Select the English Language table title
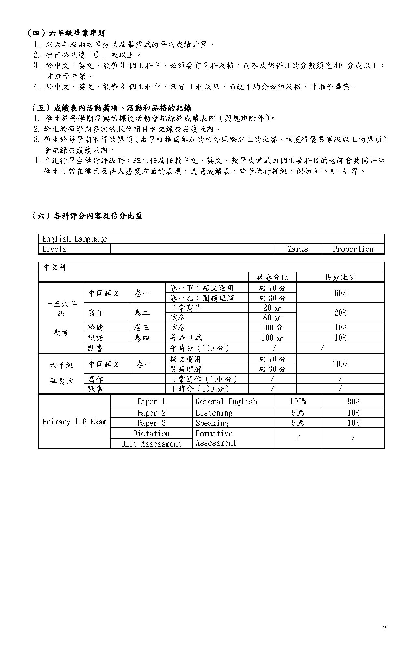(74, 239)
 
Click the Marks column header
(298, 249)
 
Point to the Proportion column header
(353, 249)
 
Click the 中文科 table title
(55, 267)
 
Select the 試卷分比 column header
(272, 277)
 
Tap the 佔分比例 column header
(340, 277)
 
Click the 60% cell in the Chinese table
(340, 293)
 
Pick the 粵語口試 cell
(186, 338)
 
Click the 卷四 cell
(142, 338)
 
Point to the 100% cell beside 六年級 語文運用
(340, 364)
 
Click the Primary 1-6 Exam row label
(74, 422)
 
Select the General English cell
(226, 402)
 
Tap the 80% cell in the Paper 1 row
(353, 402)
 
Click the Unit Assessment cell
(151, 444)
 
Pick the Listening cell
(214, 413)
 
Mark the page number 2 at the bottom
(384, 628)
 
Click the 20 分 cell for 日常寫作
(272, 308)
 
